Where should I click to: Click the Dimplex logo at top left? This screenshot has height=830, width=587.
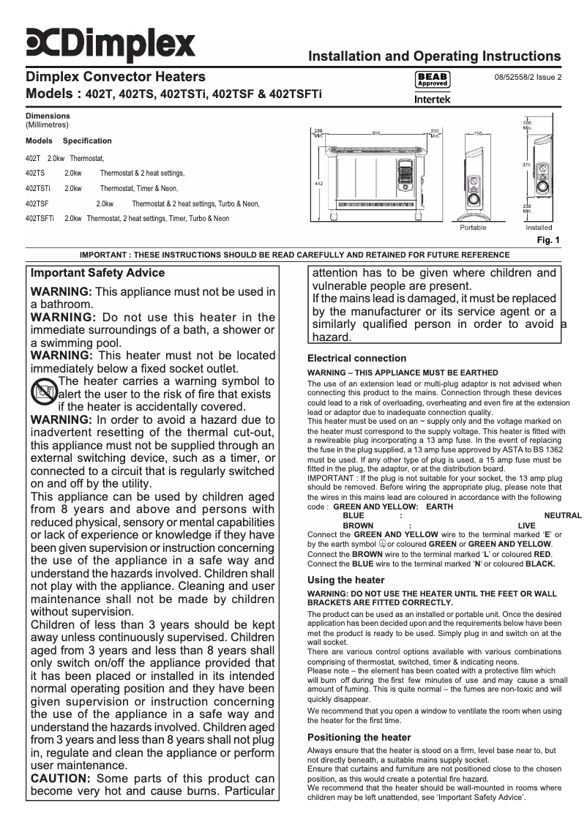click(111, 43)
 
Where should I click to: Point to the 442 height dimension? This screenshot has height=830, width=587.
click(318, 183)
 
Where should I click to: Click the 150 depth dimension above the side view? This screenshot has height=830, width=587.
click(477, 133)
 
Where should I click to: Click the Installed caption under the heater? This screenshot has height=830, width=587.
click(539, 228)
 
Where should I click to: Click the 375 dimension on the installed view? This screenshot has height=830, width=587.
click(526, 165)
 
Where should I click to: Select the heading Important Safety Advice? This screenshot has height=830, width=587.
click(97, 273)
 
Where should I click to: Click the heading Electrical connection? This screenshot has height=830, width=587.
click(356, 359)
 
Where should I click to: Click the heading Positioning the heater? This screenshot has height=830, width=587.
click(359, 737)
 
